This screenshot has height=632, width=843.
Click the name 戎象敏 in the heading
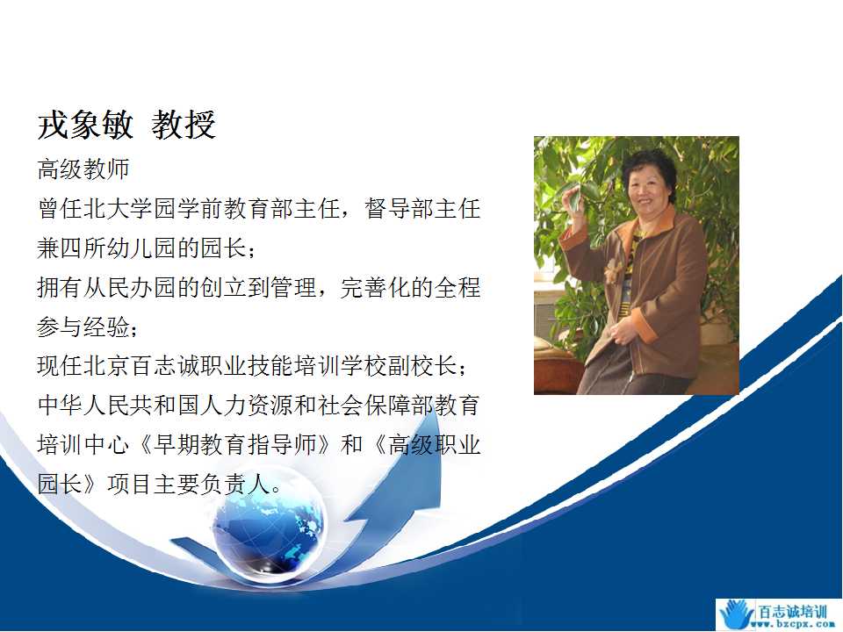pyautogui.click(x=85, y=125)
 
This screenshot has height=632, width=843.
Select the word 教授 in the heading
pyautogui.click(x=184, y=125)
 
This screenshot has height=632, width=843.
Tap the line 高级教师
pyautogui.click(x=83, y=169)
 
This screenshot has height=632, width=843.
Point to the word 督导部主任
pyautogui.click(x=422, y=209)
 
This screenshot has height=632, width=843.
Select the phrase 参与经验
pyautogui.click(x=83, y=327)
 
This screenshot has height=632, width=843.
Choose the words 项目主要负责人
pyautogui.click(x=188, y=485)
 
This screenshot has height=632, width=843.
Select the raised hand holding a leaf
pyautogui.click(x=572, y=202)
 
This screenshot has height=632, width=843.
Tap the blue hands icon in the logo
pyautogui.click(x=737, y=614)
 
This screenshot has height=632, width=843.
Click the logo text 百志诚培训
pyautogui.click(x=792, y=612)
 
